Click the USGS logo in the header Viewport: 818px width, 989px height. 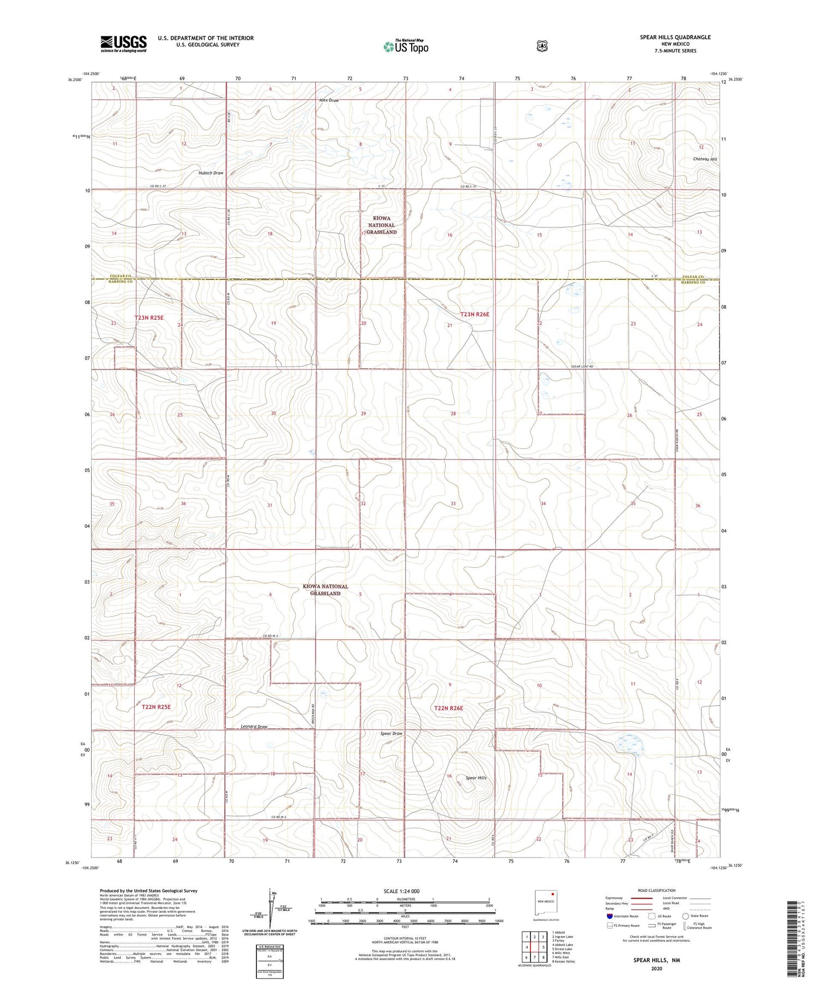click(123, 44)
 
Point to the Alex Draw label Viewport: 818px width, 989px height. click(329, 100)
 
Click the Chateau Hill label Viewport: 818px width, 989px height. click(705, 159)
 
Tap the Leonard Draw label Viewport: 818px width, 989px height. click(254, 727)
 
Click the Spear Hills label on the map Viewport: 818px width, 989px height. click(476, 777)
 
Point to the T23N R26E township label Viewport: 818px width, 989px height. click(474, 314)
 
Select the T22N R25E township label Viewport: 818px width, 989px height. click(156, 706)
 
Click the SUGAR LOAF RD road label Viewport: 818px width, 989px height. click(578, 367)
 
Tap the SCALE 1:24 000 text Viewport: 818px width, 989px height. click(401, 891)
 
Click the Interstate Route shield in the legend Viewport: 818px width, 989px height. click(609, 916)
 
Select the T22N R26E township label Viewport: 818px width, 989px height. click(448, 708)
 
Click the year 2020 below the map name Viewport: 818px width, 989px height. click(656, 968)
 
